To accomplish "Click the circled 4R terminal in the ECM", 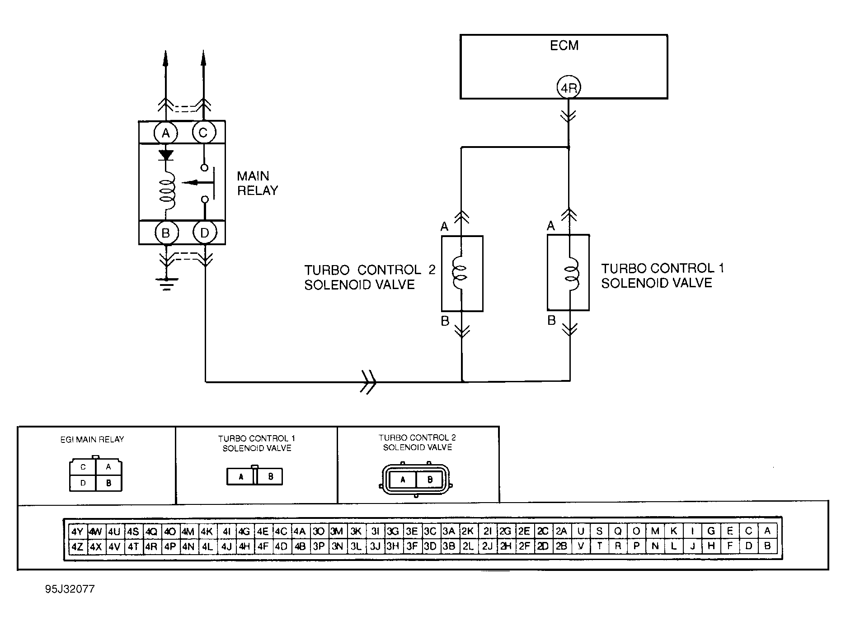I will click(x=568, y=88).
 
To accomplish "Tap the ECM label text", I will click(x=564, y=46).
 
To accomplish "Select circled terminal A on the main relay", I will click(x=166, y=133).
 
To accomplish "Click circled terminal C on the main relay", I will click(x=203, y=133).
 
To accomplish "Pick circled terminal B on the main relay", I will click(x=166, y=233).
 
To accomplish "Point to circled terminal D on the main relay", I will click(x=204, y=233).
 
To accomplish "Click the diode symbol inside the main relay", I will click(x=166, y=156).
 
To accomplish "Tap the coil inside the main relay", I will click(x=167, y=190).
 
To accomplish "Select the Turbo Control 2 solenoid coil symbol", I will click(x=460, y=273).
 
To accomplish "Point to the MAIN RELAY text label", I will click(x=257, y=183).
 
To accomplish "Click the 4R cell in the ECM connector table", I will click(x=151, y=546).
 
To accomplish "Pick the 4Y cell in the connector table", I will click(x=77, y=531).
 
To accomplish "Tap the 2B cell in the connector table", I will click(x=561, y=546).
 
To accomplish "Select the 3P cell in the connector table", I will click(x=319, y=546).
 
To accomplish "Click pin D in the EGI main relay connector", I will click(x=83, y=483).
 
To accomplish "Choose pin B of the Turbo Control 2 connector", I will click(x=429, y=480).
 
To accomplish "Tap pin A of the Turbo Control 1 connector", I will click(x=241, y=477).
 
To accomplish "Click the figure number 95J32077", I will click(x=70, y=589).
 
